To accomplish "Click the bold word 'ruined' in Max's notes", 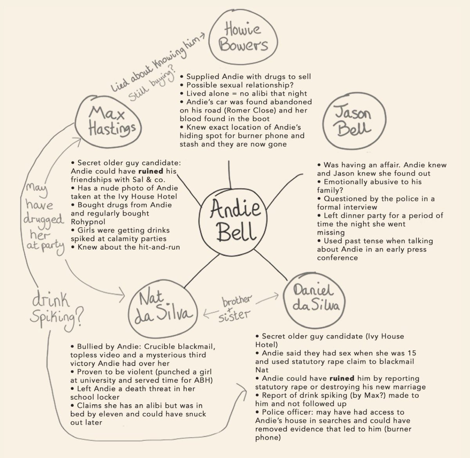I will [x=161, y=172].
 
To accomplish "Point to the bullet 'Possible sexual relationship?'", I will [x=240, y=85].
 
